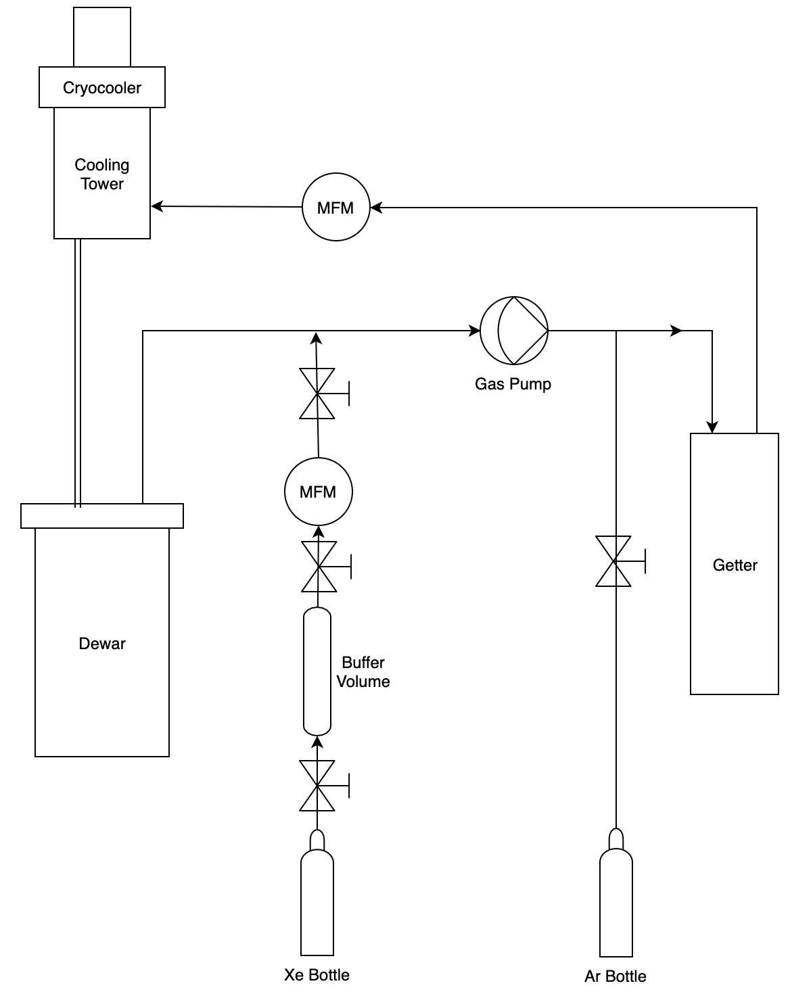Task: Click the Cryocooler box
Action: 101,87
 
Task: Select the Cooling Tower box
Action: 101,173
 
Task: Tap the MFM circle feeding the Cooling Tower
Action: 335,207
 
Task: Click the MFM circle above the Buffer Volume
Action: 318,492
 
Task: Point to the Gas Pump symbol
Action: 514,331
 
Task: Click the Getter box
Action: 734,564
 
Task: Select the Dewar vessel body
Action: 101,642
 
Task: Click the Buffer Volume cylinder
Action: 317,671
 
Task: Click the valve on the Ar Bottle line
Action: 614,561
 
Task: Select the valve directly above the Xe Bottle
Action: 317,786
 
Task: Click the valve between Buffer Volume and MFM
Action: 318,567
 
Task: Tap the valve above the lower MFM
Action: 317,394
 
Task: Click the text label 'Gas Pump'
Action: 513,384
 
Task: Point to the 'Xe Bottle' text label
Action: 317,975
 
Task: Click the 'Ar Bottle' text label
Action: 615,976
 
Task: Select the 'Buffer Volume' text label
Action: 363,672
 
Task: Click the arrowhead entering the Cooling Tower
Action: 157,206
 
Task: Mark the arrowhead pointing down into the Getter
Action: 712,427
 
